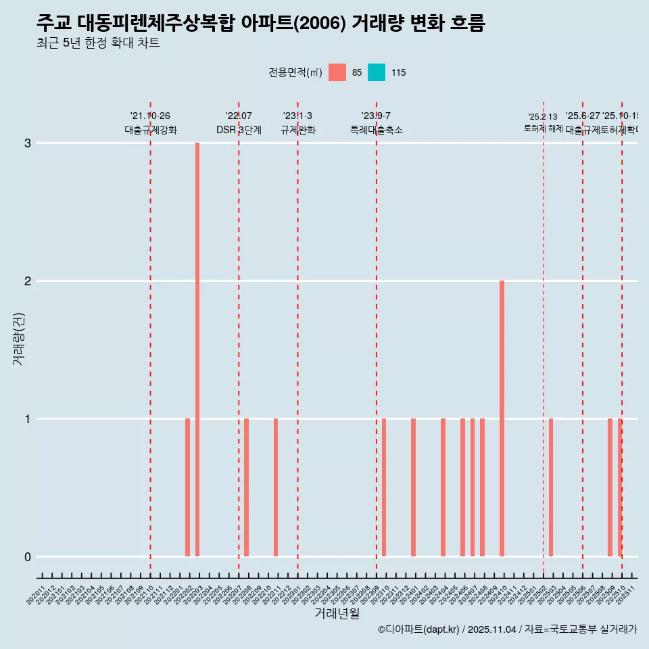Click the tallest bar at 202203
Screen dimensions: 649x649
(x=197, y=350)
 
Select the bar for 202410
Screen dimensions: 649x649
(x=502, y=418)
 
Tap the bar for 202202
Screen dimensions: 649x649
(x=187, y=487)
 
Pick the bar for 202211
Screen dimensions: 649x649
(x=276, y=487)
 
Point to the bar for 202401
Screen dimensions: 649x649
(x=413, y=487)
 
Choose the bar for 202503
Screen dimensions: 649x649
(x=551, y=487)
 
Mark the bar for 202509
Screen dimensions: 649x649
(x=610, y=487)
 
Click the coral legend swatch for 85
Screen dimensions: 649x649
(x=337, y=72)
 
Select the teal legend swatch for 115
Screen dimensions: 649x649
(x=377, y=72)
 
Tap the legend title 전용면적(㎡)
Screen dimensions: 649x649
(x=295, y=72)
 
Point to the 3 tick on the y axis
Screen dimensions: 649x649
(x=28, y=143)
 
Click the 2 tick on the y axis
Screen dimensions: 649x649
(x=28, y=281)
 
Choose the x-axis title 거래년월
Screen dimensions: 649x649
(x=337, y=613)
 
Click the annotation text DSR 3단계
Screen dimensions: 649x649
(x=239, y=130)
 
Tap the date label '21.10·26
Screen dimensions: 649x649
(x=150, y=116)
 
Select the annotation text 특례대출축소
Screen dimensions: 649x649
(x=376, y=130)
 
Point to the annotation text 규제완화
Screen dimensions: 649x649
(x=297, y=130)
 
